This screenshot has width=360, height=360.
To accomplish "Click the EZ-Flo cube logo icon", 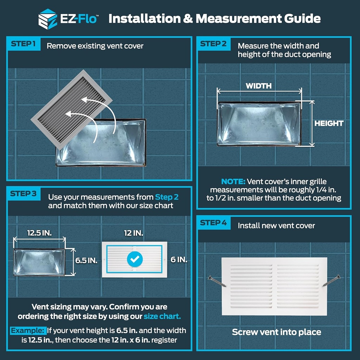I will coord(47,18).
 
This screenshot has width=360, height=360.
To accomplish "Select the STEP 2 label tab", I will coord(213,44).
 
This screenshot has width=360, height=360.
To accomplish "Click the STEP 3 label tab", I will coord(23,194).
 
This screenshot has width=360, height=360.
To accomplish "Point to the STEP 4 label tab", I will coord(213,223).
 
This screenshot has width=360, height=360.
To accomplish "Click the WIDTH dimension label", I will coord(258,86).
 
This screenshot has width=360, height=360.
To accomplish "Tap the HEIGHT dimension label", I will coord(329,123).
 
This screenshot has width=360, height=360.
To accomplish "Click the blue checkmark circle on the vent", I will coord(135,259).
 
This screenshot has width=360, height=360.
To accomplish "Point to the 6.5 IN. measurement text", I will coord(86,261).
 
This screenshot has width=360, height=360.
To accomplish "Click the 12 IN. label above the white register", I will coord(134,233).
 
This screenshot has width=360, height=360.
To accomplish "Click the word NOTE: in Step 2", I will coord(233,182).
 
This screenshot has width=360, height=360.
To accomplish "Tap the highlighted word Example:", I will coord(28,330).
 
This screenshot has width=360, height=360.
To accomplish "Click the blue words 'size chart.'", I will coord(162,316).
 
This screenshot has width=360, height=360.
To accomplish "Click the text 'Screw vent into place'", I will coord(276,332).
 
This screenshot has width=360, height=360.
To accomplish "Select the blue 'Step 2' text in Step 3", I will coord(167,197).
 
